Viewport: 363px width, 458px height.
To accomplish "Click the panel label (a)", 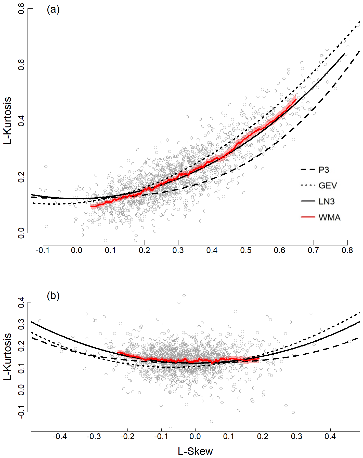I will (x=53, y=10).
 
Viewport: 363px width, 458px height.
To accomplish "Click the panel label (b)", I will (x=53, y=296).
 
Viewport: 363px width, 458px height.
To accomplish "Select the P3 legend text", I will (x=324, y=170).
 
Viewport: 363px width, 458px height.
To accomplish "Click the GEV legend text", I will (x=328, y=186).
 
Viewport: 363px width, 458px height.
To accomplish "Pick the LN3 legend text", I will (x=327, y=202).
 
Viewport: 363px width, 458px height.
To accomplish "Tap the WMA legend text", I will (x=329, y=218).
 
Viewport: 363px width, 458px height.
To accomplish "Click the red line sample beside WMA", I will (x=308, y=217).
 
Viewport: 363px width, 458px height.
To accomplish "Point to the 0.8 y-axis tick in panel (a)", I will (x=21, y=9).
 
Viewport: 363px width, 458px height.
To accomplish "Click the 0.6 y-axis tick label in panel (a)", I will (x=21, y=65).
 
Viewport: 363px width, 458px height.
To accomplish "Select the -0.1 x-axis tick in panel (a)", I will (x=43, y=251).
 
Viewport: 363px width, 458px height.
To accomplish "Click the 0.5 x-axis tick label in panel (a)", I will (x=246, y=251).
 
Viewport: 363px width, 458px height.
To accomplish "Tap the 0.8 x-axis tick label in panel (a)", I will (x=347, y=251).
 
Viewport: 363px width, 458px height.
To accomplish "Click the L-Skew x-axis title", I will (x=195, y=451).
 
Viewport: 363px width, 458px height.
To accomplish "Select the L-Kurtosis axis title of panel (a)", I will (x=8, y=120).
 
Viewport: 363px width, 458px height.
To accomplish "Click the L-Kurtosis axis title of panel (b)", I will (x=8, y=357).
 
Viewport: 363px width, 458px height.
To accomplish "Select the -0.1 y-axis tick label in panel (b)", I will (x=21, y=412).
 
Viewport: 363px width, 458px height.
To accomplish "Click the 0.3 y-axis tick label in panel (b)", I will (x=21, y=324).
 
